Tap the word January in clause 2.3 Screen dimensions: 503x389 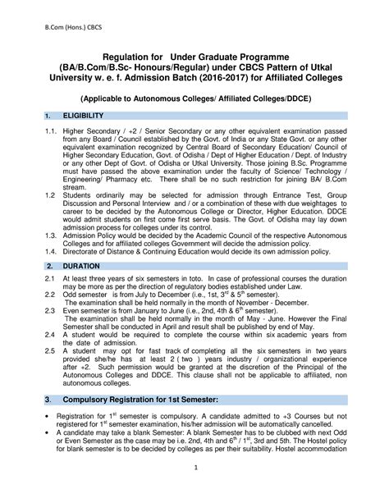[157, 311]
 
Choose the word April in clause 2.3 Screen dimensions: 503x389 [195, 326]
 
